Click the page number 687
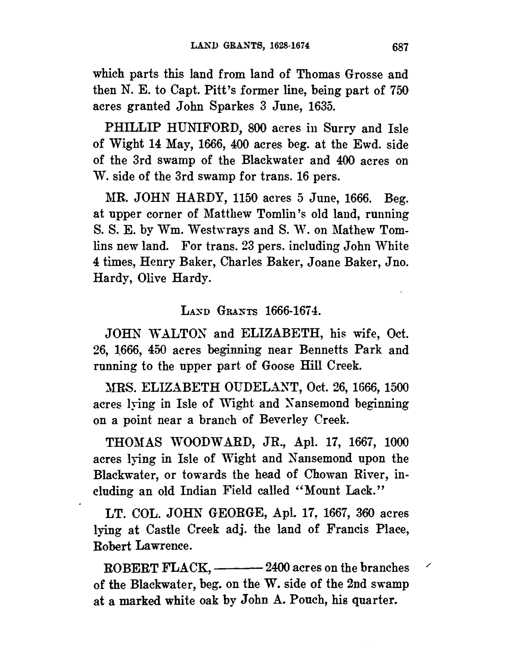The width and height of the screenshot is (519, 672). [x=399, y=47]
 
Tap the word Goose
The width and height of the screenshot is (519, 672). [x=280, y=366]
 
